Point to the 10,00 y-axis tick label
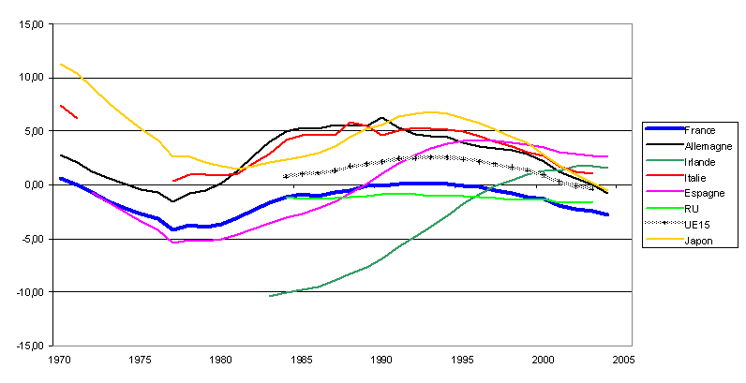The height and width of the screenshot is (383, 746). tap(34, 79)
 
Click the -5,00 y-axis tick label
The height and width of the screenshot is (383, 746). tap(35, 239)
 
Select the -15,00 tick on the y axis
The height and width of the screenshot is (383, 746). tap(32, 346)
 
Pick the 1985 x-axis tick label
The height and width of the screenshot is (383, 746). tap(302, 360)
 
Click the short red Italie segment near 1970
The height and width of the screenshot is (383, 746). tap(68, 111)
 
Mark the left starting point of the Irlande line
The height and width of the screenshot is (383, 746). tap(270, 296)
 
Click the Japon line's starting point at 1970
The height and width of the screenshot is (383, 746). tap(60, 64)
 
